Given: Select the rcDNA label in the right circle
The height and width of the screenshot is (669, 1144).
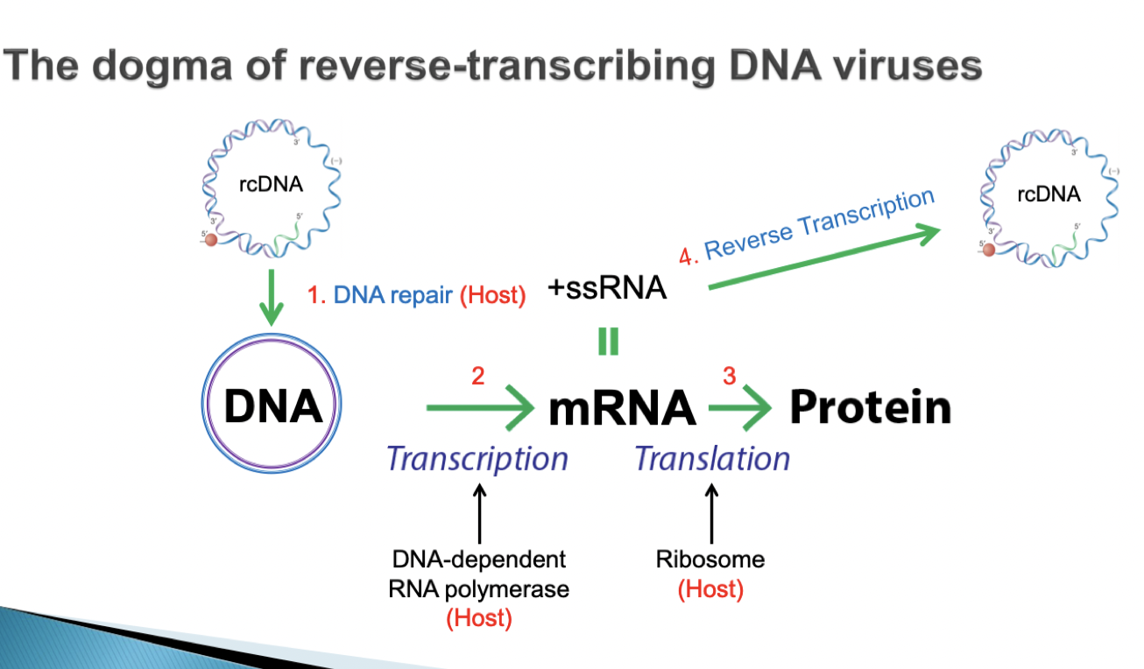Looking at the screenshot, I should click(x=1049, y=194).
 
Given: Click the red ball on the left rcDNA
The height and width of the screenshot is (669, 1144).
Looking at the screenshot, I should click(x=211, y=237).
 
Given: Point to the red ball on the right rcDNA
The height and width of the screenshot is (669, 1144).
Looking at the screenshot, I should click(x=989, y=250).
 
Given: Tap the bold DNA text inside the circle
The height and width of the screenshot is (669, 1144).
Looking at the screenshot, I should click(x=272, y=407).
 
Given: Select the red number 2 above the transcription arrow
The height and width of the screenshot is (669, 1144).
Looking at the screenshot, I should click(x=477, y=376).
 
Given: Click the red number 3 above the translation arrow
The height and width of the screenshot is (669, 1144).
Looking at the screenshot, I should click(x=729, y=376).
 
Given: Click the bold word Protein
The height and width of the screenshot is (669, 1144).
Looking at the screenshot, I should click(x=870, y=407).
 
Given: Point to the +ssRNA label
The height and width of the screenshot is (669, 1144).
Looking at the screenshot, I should click(x=607, y=289).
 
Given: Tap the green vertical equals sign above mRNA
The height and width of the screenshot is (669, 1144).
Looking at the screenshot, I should click(x=608, y=342).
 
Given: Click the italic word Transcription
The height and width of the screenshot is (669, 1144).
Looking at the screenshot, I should click(x=477, y=458).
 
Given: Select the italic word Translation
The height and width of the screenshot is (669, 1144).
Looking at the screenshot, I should click(x=711, y=458).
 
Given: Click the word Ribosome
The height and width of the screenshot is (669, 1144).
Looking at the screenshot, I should click(x=710, y=559).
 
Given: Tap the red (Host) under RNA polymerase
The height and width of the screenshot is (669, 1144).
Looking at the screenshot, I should click(x=478, y=618).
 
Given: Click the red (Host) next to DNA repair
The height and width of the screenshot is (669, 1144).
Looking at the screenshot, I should click(x=492, y=296).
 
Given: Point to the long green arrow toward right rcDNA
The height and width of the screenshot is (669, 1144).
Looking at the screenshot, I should click(x=823, y=257).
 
